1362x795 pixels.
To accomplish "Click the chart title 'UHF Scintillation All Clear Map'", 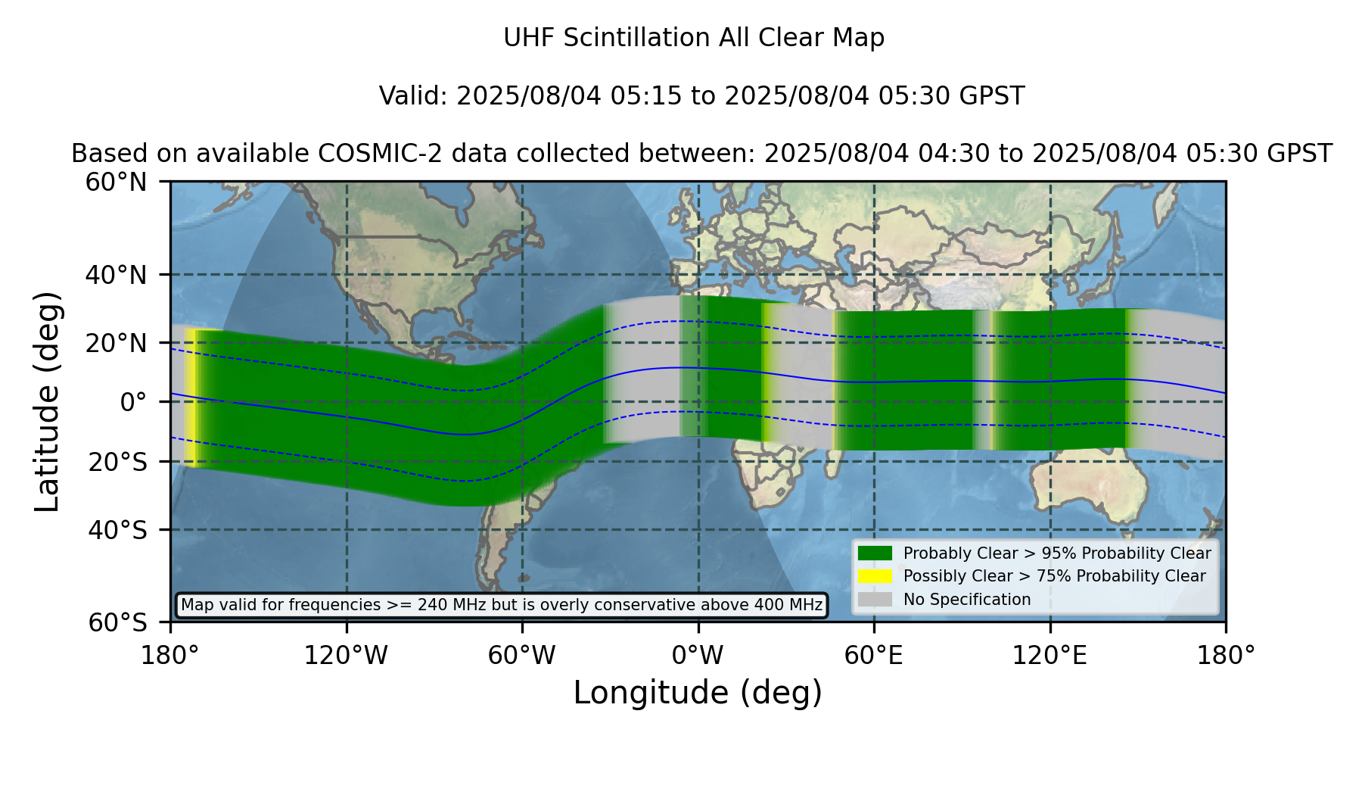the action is (x=694, y=38).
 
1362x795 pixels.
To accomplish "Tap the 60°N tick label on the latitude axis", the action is (x=117, y=182).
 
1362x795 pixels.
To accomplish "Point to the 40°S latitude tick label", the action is (x=118, y=530).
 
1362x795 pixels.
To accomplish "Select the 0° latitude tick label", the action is (x=134, y=402).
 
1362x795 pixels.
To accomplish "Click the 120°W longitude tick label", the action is (x=346, y=656).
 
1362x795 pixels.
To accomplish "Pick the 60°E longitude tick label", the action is (x=874, y=656).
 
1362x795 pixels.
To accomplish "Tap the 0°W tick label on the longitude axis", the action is (x=698, y=656).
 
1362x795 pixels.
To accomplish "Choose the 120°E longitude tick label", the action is (x=1049, y=656).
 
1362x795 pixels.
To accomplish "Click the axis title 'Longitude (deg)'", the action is (x=698, y=693).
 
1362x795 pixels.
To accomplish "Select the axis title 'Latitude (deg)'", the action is (x=47, y=401).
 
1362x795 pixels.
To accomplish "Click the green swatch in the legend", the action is (x=875, y=553).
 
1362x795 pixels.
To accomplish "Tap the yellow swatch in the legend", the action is (x=875, y=576).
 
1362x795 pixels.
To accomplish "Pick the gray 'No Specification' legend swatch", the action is (x=875, y=600).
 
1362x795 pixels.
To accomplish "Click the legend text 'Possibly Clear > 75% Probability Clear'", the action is (x=1055, y=576).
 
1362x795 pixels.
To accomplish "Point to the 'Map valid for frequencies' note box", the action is (x=502, y=605).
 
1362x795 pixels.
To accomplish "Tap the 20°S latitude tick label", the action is (x=118, y=462).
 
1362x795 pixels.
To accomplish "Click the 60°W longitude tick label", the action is (x=522, y=656).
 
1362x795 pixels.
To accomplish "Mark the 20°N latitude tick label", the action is (x=117, y=343).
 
